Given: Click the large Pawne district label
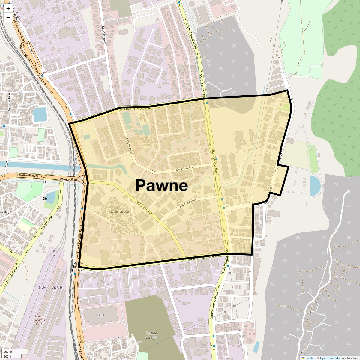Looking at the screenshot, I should [162, 185].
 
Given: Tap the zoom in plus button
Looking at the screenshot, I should [8, 9].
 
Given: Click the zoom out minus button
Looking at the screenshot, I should [8, 18].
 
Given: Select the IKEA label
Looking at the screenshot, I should [101, 315].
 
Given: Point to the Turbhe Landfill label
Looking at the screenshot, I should [151, 335].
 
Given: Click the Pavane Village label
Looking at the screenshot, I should [118, 212].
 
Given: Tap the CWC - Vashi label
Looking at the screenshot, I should [50, 287].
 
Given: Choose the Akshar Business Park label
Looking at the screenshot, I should [39, 320].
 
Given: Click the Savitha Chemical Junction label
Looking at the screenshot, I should [77, 266].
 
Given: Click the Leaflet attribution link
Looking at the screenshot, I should [310, 358].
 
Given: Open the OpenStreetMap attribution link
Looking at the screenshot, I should [330, 358].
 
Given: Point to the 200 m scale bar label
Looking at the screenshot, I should [8, 352].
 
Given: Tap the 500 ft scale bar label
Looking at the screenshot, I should [7, 357].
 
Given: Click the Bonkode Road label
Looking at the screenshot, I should [9, 102].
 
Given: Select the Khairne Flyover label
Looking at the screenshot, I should [26, 54].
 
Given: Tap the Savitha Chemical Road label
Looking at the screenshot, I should [203, 258].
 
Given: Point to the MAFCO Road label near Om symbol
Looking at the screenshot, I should [47, 222].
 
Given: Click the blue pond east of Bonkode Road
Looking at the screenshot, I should [40, 115].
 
